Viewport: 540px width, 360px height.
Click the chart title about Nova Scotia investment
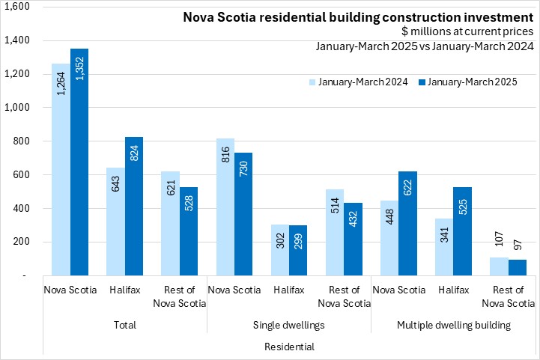(359, 16)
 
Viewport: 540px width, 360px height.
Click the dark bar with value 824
(134, 206)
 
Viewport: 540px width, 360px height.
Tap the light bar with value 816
(225, 207)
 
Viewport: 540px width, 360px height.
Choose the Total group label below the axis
(125, 326)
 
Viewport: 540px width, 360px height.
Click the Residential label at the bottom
(290, 347)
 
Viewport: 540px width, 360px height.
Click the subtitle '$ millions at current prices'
(467, 31)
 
